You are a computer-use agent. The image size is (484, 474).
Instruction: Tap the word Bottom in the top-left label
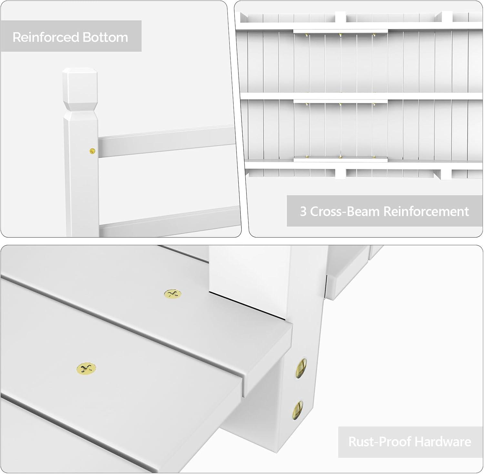coord(106,37)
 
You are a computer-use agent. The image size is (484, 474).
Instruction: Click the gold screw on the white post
coord(93,150)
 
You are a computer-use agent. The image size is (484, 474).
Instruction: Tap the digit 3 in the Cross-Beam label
coord(303,212)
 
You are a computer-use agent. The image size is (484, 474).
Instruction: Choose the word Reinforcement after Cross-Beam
coord(426,211)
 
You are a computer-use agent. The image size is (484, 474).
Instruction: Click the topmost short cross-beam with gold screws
coord(340,31)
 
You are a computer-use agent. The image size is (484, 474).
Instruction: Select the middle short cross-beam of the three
coord(340,101)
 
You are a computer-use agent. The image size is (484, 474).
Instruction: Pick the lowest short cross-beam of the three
coord(340,159)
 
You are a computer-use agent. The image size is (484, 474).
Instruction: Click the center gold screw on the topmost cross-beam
coord(340,34)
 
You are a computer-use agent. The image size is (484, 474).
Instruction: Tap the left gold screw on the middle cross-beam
coord(307,104)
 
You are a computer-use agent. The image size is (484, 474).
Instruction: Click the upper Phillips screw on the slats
coord(173,294)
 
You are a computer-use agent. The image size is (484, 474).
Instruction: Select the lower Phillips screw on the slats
coord(86,368)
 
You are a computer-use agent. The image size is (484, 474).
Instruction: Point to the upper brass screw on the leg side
coord(301,367)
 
